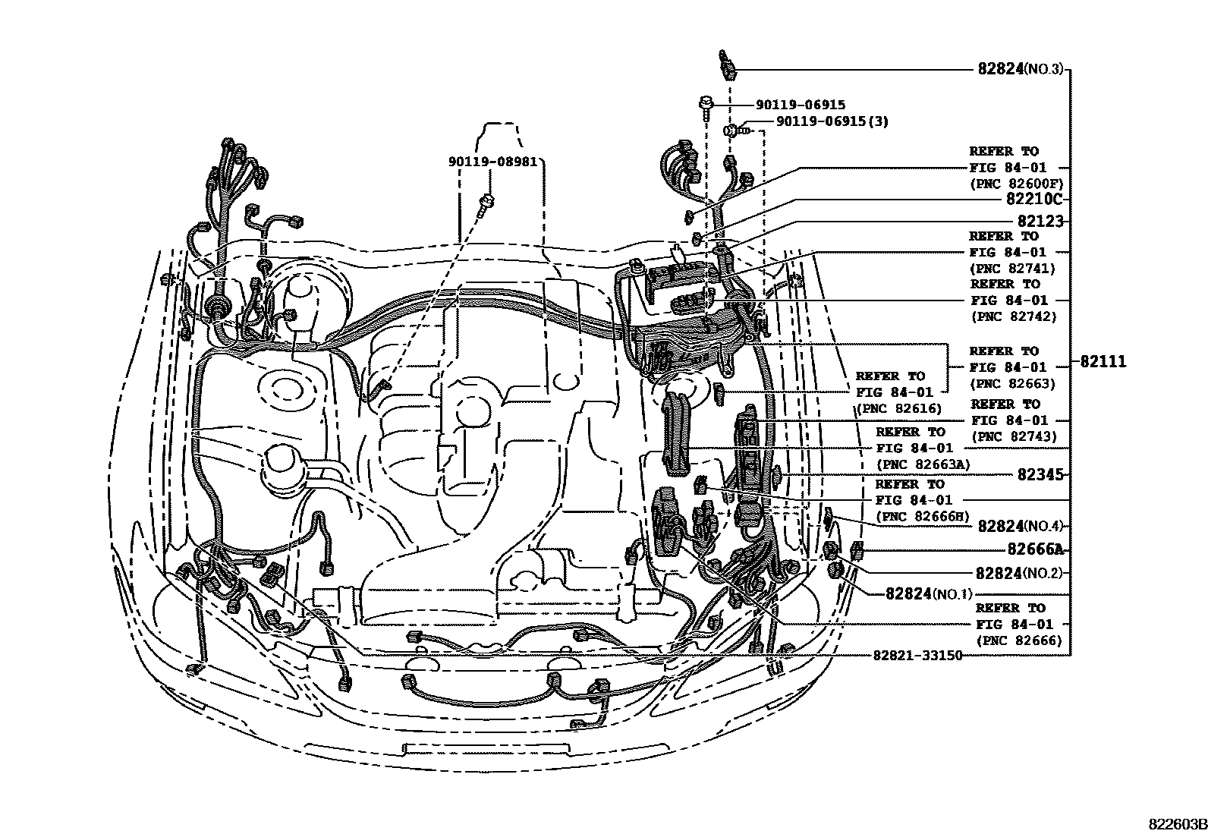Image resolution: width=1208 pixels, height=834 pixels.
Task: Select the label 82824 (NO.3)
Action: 1020,69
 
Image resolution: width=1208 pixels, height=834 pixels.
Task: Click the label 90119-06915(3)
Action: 832,121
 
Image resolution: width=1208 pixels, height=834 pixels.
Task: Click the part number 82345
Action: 1040,474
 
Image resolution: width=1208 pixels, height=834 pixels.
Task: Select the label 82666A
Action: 1035,549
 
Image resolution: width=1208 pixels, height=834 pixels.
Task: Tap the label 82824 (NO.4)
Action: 1021,526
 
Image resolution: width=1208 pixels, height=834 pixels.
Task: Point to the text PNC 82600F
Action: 1017,184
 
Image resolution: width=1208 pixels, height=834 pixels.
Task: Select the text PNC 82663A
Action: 924,464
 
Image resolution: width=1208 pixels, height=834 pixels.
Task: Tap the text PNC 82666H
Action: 923,516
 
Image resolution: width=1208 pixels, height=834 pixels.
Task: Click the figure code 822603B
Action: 1176,824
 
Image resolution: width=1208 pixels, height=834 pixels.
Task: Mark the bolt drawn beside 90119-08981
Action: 486,203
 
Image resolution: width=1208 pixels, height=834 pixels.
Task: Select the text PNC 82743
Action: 1014,436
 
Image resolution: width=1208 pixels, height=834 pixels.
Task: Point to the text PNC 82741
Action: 1014,268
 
